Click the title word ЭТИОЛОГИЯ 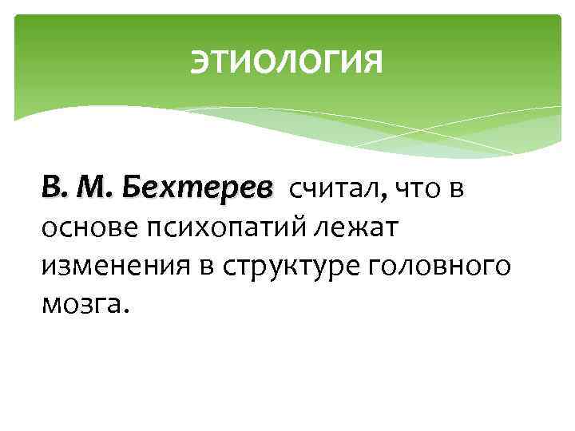tap(287, 61)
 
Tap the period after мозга tap(123, 310)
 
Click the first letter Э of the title tap(199, 61)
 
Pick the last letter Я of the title tap(374, 61)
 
